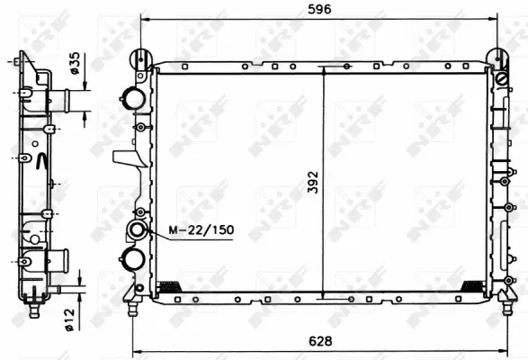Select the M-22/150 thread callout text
tap(201, 230)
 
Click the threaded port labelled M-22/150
tap(137, 231)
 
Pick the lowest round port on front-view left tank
tap(135, 259)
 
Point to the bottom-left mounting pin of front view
tap(133, 309)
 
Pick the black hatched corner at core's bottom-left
tap(168, 286)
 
